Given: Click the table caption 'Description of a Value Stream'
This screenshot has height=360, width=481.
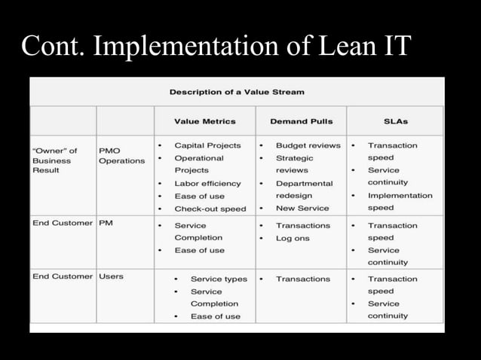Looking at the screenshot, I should (237, 92).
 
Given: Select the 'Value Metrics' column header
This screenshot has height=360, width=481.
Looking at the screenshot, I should (204, 121).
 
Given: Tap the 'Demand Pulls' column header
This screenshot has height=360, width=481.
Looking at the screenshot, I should (301, 121).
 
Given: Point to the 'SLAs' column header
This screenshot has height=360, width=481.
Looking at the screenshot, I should (395, 121).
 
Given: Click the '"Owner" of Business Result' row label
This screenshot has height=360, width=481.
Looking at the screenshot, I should (54, 160).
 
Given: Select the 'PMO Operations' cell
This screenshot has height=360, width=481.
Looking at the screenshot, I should (121, 156).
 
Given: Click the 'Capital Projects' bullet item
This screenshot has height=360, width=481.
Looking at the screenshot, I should (207, 145).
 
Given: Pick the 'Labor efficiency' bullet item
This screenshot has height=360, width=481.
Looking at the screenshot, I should (207, 183).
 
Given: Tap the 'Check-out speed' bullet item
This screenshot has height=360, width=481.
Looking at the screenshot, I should (210, 209).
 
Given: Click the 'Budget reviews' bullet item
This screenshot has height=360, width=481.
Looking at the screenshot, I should (308, 145).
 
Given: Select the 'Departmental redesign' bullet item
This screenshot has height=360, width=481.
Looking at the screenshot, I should (304, 189).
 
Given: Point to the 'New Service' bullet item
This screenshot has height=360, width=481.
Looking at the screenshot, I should (302, 208).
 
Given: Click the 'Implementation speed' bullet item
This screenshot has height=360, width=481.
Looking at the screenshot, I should (400, 201).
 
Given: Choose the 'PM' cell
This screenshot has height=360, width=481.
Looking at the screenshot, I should (106, 224).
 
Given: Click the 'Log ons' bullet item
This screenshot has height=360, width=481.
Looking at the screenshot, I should (293, 238).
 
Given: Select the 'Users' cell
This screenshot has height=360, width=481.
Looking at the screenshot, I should (111, 276).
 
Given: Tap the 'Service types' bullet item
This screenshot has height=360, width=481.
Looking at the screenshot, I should (219, 279).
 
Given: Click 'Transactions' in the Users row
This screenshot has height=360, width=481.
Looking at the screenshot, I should (302, 279).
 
